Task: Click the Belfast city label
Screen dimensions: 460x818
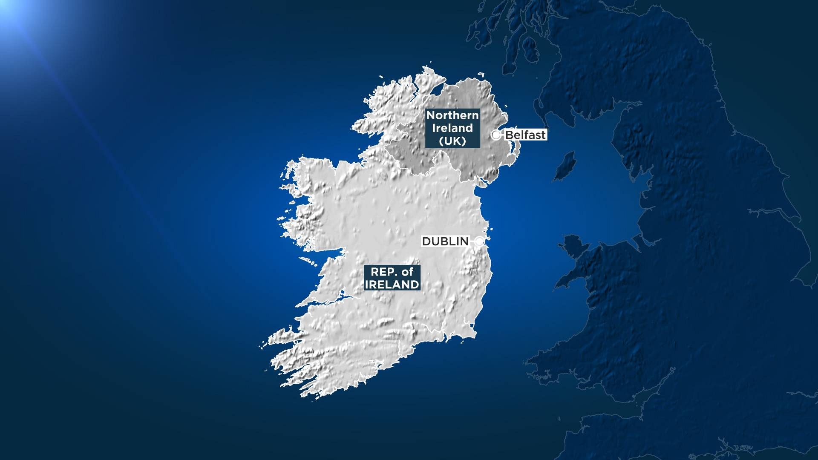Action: tap(525, 135)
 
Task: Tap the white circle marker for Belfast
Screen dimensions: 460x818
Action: tap(496, 135)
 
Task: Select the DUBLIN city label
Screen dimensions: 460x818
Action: tap(445, 241)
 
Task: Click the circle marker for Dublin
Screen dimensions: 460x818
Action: tap(480, 241)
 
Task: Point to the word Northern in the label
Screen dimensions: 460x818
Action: tap(452, 115)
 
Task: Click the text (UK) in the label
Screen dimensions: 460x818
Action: tap(452, 141)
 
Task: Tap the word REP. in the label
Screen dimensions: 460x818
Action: tap(381, 272)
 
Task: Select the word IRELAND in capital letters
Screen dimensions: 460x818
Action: tap(392, 285)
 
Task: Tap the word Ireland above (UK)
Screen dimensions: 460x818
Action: tap(452, 128)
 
